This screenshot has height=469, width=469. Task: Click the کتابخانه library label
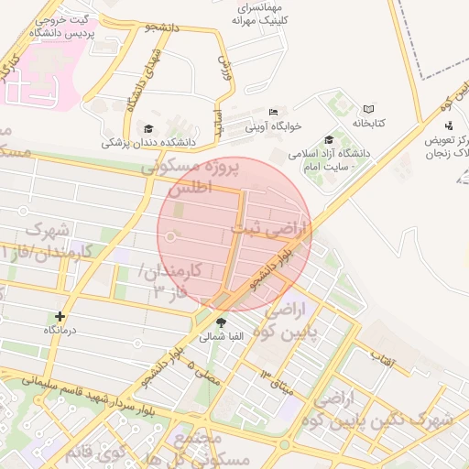[369, 122]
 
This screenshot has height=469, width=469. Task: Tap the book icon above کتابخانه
[369, 108]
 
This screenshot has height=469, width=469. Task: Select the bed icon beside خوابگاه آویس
[273, 114]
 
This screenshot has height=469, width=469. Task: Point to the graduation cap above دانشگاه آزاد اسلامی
[328, 139]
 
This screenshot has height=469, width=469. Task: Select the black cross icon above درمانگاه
[60, 316]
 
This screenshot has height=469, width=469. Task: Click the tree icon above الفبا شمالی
[221, 322]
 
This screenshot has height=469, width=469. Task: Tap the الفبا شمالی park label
[222, 337]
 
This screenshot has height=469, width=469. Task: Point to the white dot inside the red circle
[170, 238]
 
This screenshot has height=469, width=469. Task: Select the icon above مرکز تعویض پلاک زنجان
[448, 125]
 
